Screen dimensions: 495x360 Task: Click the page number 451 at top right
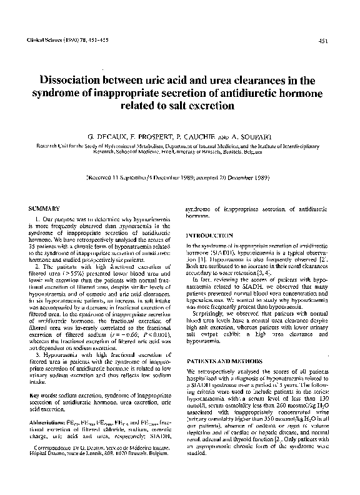tap(324, 42)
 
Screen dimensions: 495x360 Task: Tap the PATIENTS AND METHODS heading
tap(227, 361)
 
